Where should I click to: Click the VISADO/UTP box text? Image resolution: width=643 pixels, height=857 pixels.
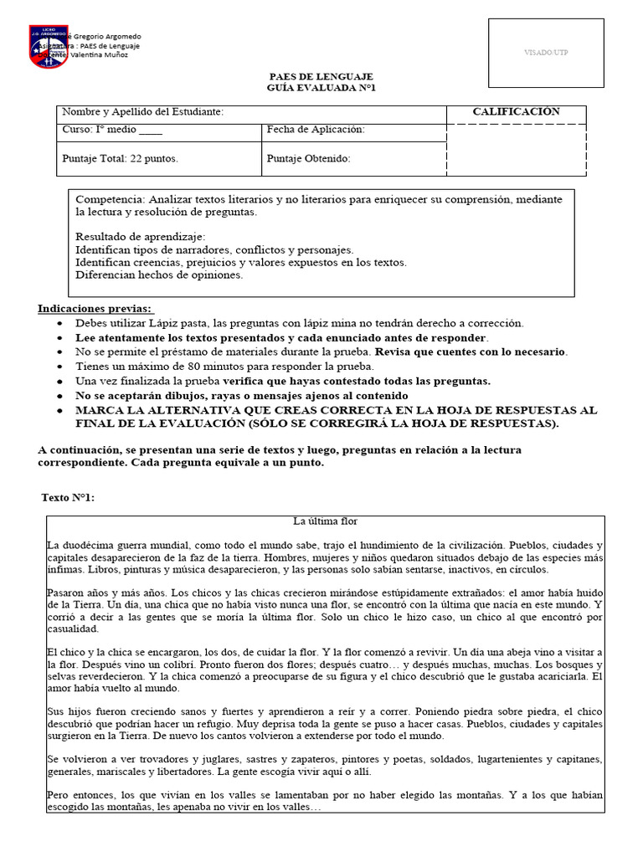(546, 53)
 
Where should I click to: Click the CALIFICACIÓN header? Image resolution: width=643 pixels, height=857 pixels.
(516, 112)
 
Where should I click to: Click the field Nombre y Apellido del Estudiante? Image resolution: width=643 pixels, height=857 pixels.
(143, 113)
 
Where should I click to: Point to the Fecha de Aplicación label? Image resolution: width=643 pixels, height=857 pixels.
(316, 131)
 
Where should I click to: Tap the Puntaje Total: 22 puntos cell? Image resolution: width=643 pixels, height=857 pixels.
(120, 158)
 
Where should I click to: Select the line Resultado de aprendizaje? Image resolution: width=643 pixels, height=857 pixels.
(134, 237)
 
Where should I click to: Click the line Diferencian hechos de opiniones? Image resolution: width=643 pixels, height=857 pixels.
(159, 275)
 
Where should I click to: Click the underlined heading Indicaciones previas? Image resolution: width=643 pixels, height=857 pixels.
(95, 309)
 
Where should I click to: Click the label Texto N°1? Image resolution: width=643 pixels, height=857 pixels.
(68, 498)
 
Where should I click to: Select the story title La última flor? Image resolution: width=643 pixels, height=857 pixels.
(324, 521)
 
